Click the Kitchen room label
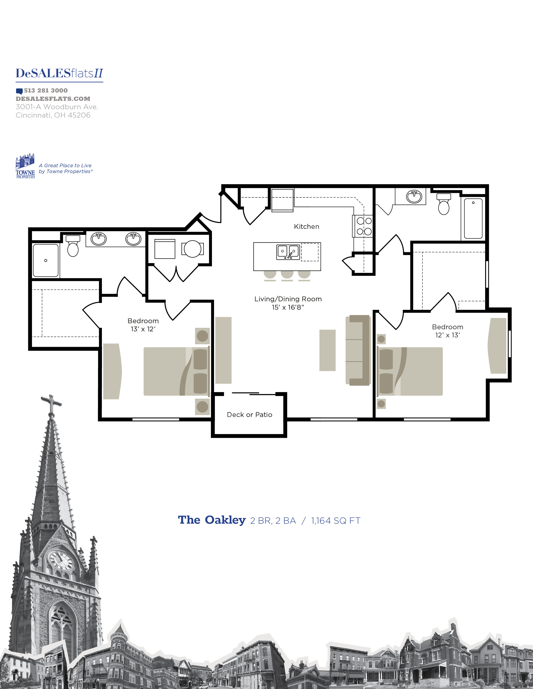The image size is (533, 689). pyautogui.click(x=306, y=227)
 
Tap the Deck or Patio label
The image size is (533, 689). pyautogui.click(x=249, y=414)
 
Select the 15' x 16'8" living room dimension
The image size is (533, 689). pyautogui.click(x=288, y=307)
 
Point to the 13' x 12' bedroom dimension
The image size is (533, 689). pyautogui.click(x=143, y=329)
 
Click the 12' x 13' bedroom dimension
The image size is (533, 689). pyautogui.click(x=448, y=335)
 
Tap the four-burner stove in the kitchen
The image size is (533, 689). pyautogui.click(x=364, y=226)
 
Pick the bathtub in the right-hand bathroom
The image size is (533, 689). pyautogui.click(x=473, y=218)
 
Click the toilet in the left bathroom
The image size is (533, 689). pyautogui.click(x=73, y=247)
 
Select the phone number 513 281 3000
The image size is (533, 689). pyautogui.click(x=46, y=91)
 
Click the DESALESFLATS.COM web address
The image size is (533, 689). pyautogui.click(x=53, y=99)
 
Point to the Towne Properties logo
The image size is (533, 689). pyautogui.click(x=25, y=166)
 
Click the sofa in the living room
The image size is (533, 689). pyautogui.click(x=358, y=350)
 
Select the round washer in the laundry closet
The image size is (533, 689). pyautogui.click(x=192, y=249)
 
